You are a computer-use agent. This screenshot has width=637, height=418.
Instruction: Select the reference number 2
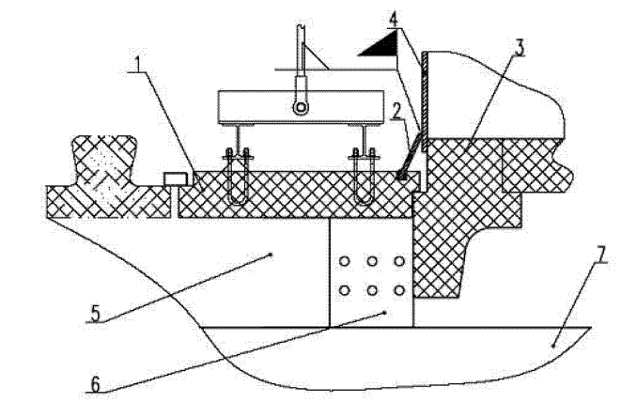pyautogui.click(x=398, y=111)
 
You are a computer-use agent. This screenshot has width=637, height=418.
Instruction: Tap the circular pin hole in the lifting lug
pyautogui.click(x=300, y=109)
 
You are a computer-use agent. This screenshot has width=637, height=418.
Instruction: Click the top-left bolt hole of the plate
pyautogui.click(x=346, y=261)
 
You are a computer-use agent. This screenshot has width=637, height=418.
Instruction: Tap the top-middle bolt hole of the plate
pyautogui.click(x=372, y=261)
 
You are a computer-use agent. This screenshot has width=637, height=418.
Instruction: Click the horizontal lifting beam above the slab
pyautogui.click(x=300, y=105)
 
